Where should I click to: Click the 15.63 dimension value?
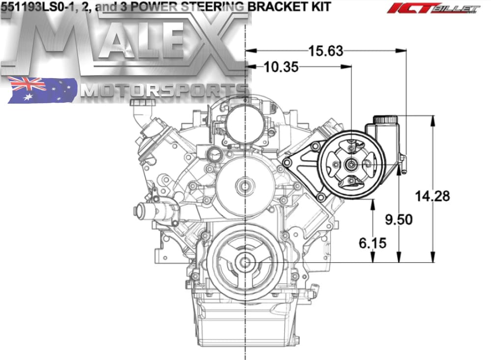326,51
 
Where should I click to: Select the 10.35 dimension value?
281,67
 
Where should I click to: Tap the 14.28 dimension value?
433,196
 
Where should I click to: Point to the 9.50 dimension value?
399,220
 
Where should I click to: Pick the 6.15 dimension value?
372,243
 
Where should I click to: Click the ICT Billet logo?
433,8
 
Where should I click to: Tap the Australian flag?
42,90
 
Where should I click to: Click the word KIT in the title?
320,6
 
